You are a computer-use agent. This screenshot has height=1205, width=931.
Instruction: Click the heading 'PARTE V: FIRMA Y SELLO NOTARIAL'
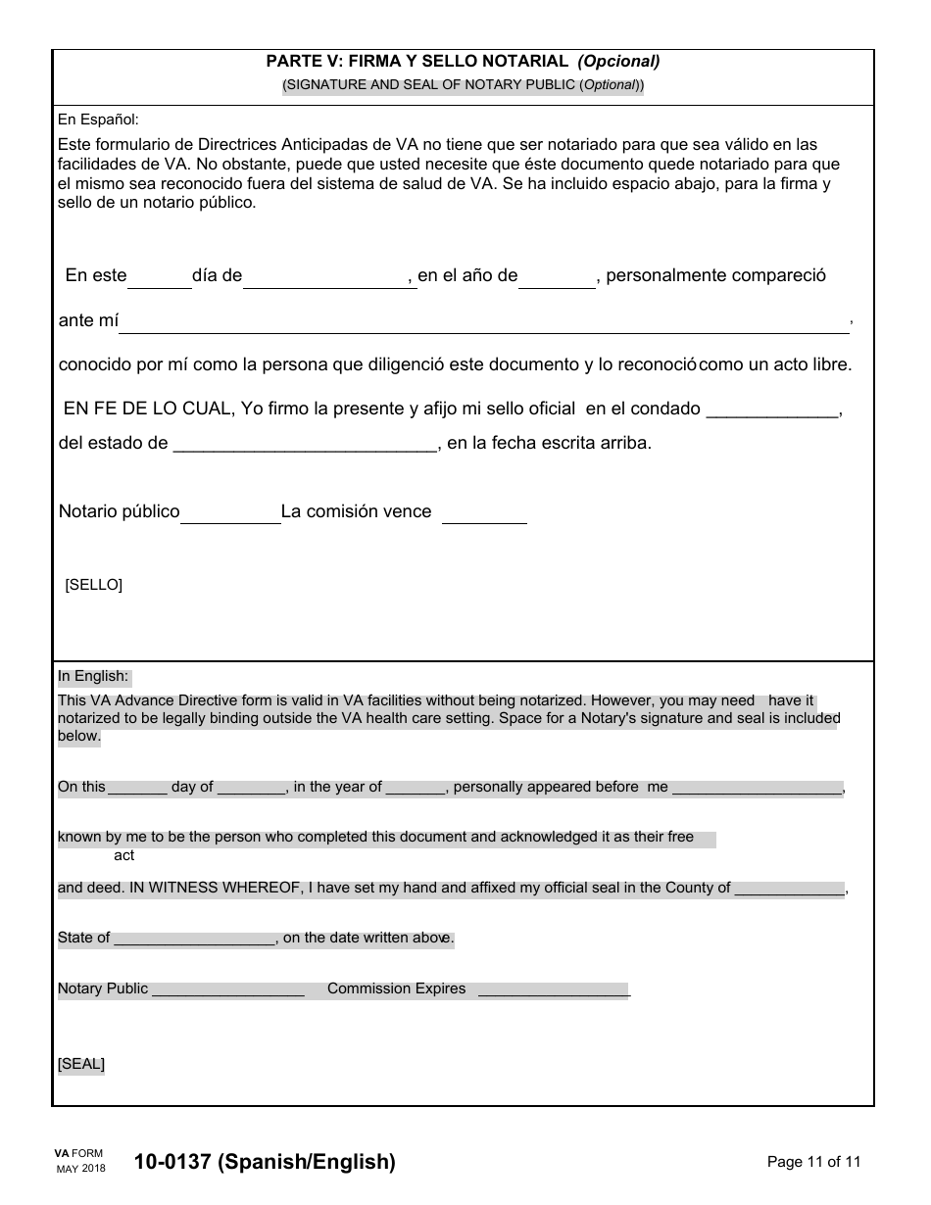coord(416,61)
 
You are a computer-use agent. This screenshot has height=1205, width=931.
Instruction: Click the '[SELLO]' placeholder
coord(93,585)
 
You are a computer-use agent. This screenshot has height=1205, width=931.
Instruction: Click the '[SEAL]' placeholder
coord(81,1064)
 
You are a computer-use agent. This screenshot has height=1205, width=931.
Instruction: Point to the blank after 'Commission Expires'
coord(553,990)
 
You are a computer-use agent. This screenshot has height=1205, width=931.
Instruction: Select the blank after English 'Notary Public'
coord(228,990)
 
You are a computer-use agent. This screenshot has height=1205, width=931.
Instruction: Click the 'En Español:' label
coord(98,120)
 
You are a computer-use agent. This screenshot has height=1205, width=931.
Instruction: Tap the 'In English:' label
coord(93,676)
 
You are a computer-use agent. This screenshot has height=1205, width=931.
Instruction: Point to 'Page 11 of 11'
coord(813,1163)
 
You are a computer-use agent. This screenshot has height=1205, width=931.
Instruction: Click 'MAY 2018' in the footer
coord(80,1170)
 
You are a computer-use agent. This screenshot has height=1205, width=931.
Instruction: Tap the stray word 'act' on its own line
coord(124,855)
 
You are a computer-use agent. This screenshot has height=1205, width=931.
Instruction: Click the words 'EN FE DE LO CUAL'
coord(149,410)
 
